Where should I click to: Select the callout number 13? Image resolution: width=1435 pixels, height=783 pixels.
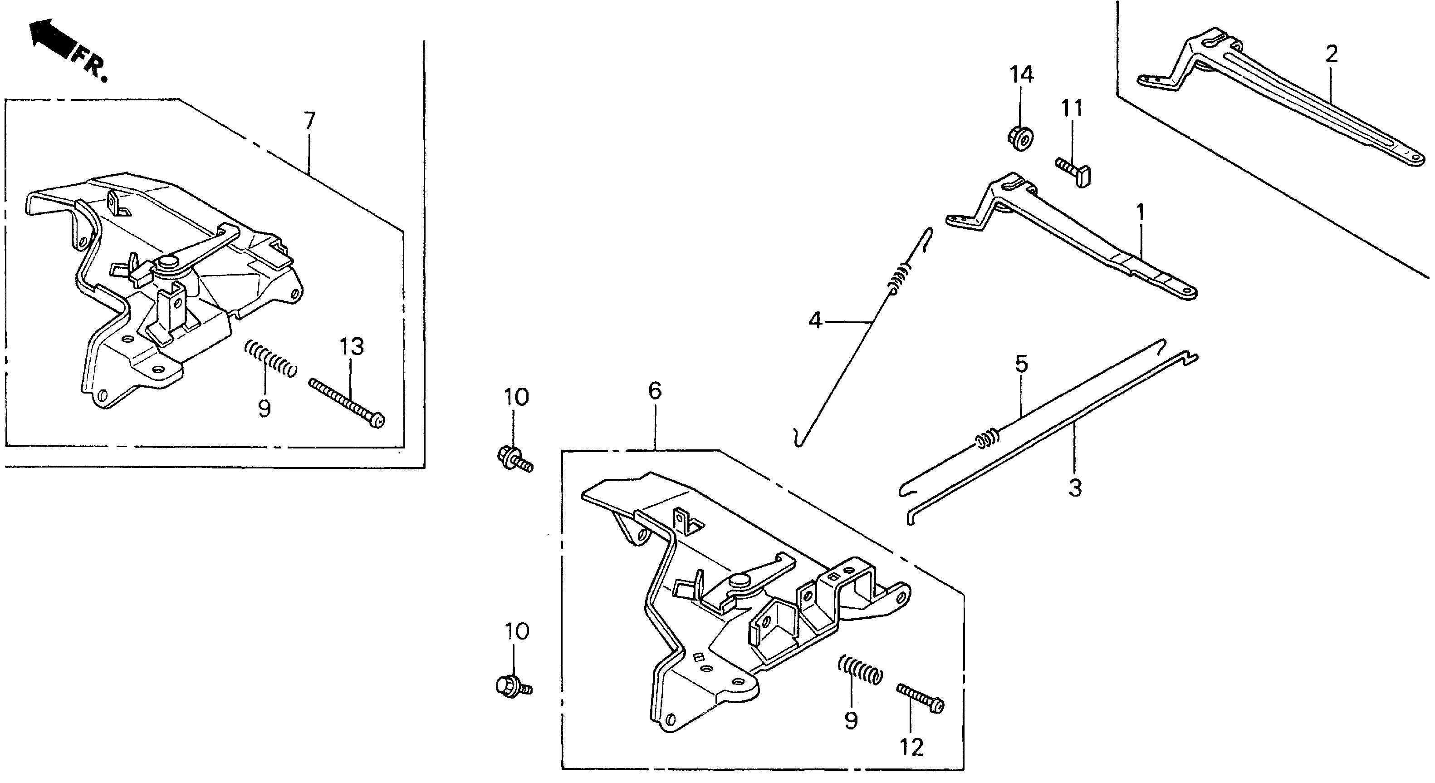[352, 347]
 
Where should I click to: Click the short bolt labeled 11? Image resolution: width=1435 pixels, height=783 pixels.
[1073, 171]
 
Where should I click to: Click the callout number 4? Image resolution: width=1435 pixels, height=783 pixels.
[815, 320]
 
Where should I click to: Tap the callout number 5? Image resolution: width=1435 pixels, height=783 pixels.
[1022, 364]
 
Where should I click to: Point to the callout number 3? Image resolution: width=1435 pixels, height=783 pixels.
[1075, 488]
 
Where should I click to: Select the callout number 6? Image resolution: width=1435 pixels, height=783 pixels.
[655, 391]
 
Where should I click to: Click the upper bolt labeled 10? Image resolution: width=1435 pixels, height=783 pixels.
[514, 458]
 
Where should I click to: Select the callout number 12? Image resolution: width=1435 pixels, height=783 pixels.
[911, 747]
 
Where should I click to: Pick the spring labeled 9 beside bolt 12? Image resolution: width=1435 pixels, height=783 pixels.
[861, 675]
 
